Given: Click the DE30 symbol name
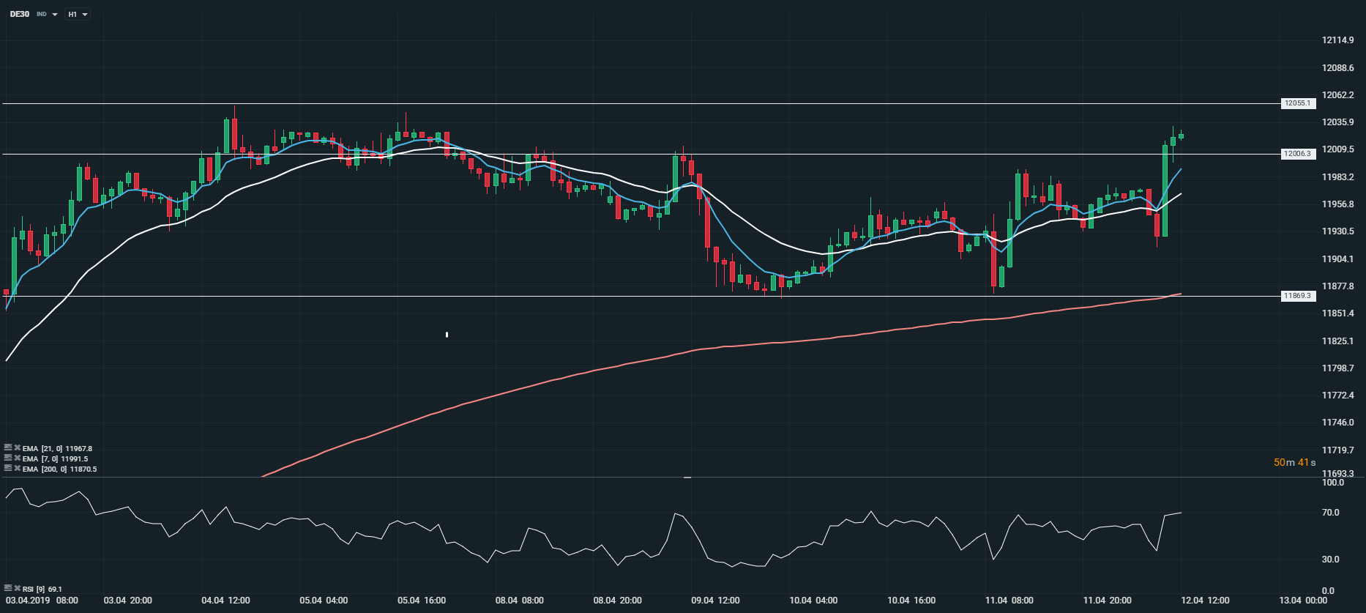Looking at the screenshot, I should coord(20,14).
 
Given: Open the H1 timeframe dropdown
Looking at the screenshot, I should coord(77,14).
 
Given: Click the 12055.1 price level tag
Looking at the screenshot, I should coord(1298,103).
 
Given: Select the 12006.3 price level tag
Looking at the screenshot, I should coord(1298,154).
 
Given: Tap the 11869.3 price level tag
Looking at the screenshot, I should coord(1298,296).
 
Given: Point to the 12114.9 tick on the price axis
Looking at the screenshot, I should coord(1337,40).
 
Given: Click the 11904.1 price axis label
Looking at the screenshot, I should coord(1337,259).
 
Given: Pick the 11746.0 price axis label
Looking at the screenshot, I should coord(1337,423).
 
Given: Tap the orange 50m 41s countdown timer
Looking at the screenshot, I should coord(1294,462).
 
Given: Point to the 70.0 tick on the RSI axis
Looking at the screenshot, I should coord(1330,513).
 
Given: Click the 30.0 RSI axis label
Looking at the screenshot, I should coord(1330,560).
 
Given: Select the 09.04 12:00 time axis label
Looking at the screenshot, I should coord(715,601).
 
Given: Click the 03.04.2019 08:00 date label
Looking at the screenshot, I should coord(42,601).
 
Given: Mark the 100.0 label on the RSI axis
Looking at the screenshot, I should coord(1332,483).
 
